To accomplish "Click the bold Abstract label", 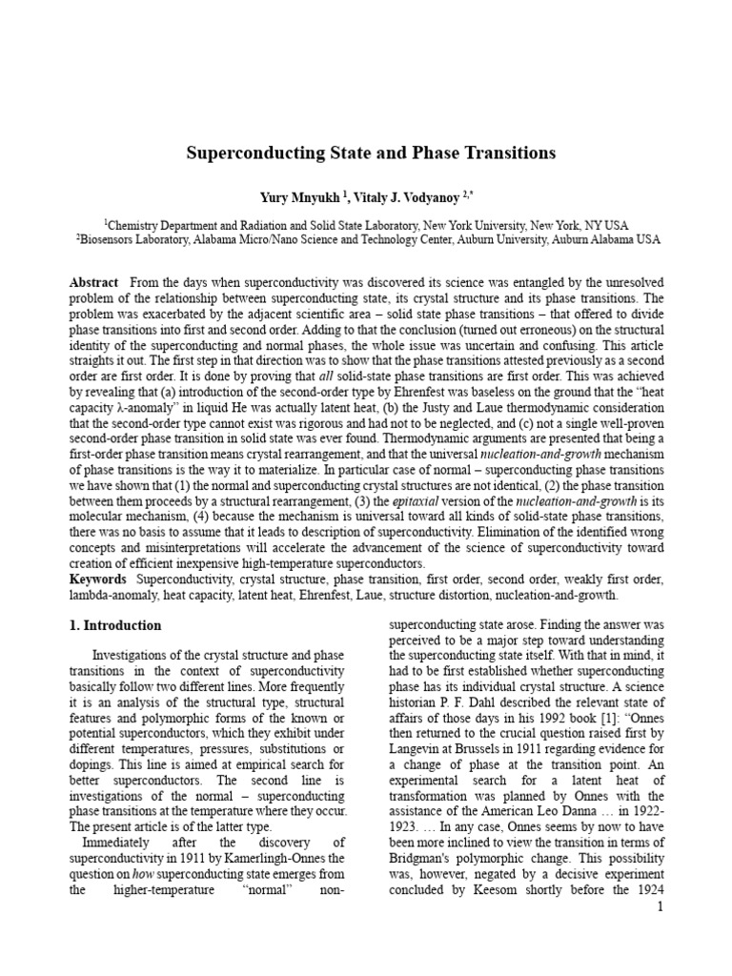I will click(x=94, y=283).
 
